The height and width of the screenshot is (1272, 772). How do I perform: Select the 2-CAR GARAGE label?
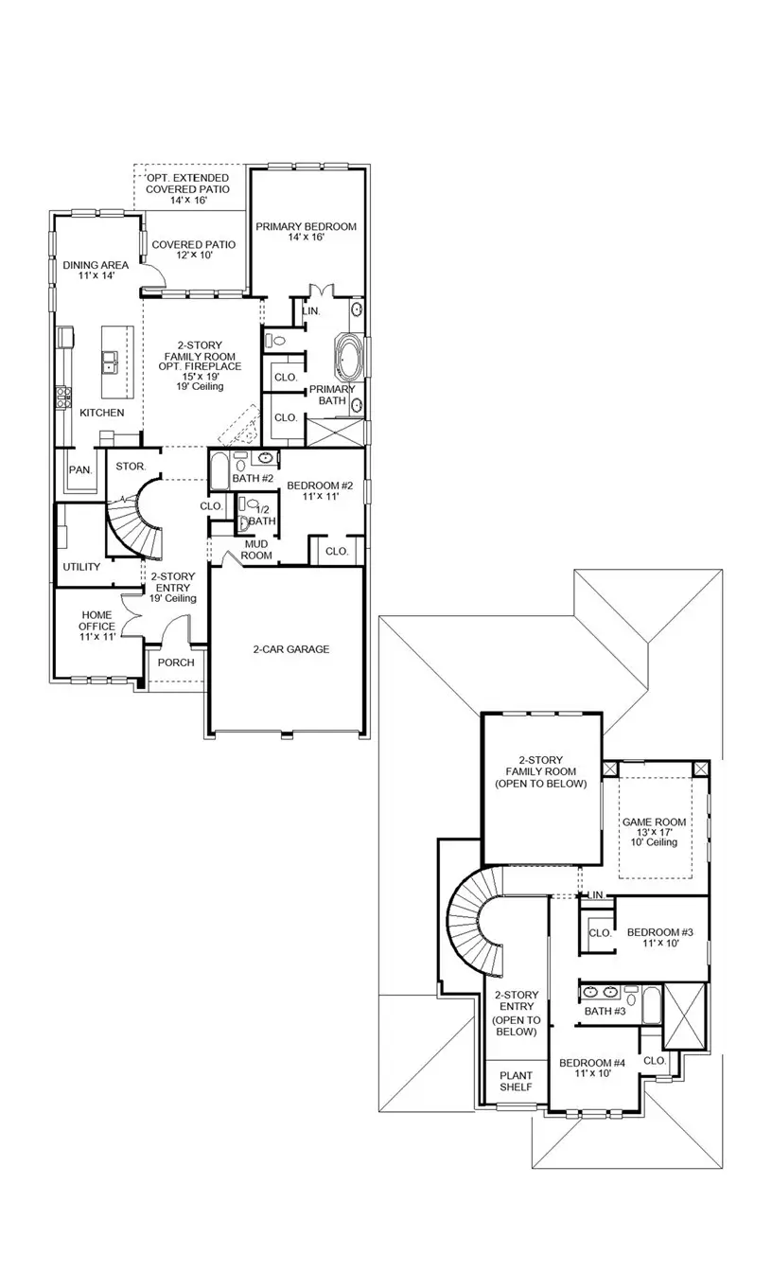coord(290,649)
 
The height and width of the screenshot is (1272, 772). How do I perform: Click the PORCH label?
coord(176,662)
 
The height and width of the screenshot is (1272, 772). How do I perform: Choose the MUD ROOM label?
coord(258,550)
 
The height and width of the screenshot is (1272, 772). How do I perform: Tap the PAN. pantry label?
coord(79,469)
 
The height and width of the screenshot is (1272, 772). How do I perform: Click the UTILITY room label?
coord(81,567)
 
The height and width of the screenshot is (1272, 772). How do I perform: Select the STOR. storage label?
coord(130,467)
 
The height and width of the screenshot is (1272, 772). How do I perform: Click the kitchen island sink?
coord(110,359)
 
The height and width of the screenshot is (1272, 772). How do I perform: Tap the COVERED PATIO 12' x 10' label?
coord(193,250)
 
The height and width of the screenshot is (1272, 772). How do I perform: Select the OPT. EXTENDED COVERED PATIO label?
coord(187,189)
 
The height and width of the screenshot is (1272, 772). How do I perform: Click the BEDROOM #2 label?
coord(320,491)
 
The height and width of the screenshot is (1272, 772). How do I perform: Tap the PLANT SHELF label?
coord(516,1081)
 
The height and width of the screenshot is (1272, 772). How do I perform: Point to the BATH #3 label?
coord(605,1012)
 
